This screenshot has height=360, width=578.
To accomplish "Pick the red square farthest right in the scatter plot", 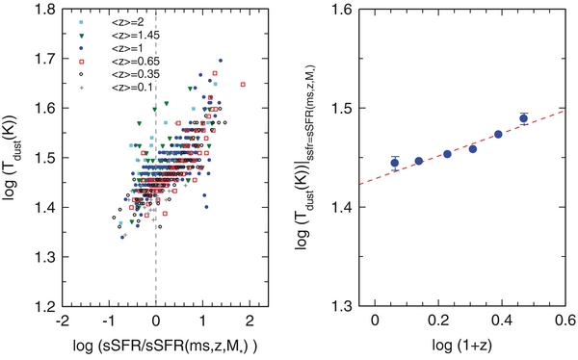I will [244, 84].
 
